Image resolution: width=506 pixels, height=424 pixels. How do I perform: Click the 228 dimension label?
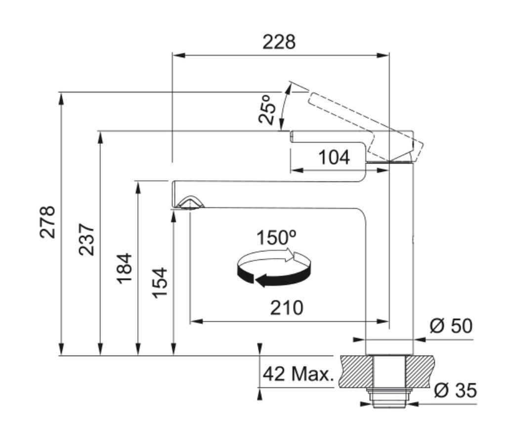pyautogui.click(x=279, y=42)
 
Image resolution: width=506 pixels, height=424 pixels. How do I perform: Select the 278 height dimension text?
pyautogui.click(x=47, y=222)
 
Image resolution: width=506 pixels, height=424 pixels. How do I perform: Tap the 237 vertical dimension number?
pyautogui.click(x=86, y=239)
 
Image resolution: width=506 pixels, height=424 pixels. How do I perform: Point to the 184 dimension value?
pyautogui.click(x=124, y=269)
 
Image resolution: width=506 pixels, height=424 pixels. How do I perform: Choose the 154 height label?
pyautogui.click(x=160, y=283)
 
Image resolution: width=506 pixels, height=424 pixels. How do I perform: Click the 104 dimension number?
pyautogui.click(x=334, y=158)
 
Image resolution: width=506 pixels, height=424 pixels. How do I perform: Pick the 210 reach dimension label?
pyautogui.click(x=287, y=308)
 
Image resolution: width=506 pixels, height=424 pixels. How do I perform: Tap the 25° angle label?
pyautogui.click(x=267, y=109)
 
